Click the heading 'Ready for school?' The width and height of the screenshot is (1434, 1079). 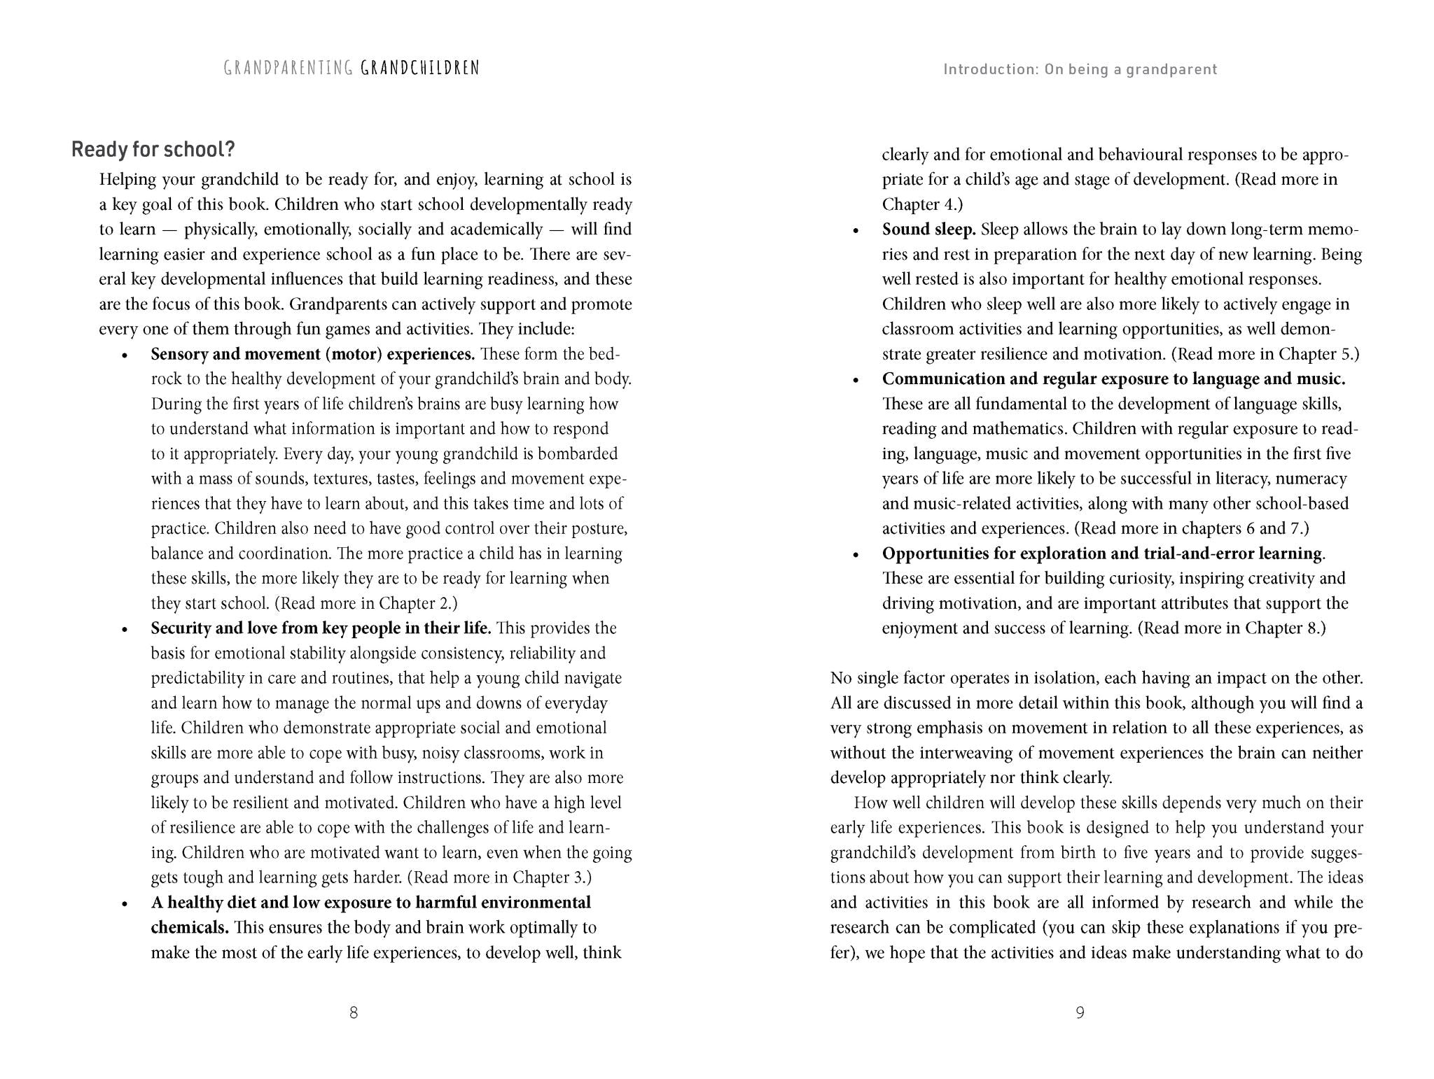[x=153, y=150]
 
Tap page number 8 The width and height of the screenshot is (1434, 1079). [x=354, y=1013]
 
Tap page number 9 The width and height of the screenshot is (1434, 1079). [x=1080, y=1013]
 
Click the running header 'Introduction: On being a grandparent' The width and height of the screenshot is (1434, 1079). [x=1080, y=69]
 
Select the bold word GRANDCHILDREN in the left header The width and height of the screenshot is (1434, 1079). [x=420, y=68]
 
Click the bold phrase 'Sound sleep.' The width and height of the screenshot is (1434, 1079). [x=928, y=230]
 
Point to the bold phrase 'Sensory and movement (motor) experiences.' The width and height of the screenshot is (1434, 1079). [x=313, y=354]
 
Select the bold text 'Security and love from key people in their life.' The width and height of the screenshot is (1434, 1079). [x=321, y=628]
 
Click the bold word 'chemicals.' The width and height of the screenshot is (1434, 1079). [x=190, y=928]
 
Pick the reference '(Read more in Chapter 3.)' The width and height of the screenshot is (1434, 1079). [x=499, y=877]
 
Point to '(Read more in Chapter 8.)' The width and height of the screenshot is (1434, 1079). [x=1232, y=628]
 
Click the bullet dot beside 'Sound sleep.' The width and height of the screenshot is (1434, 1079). [x=855, y=231]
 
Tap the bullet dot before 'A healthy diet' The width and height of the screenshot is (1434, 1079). [x=125, y=904]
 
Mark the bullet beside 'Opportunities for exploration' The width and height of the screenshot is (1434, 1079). [x=855, y=555]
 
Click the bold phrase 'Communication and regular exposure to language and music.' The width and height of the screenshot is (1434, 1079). [x=1113, y=379]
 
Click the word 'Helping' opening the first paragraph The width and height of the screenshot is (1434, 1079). [x=127, y=180]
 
